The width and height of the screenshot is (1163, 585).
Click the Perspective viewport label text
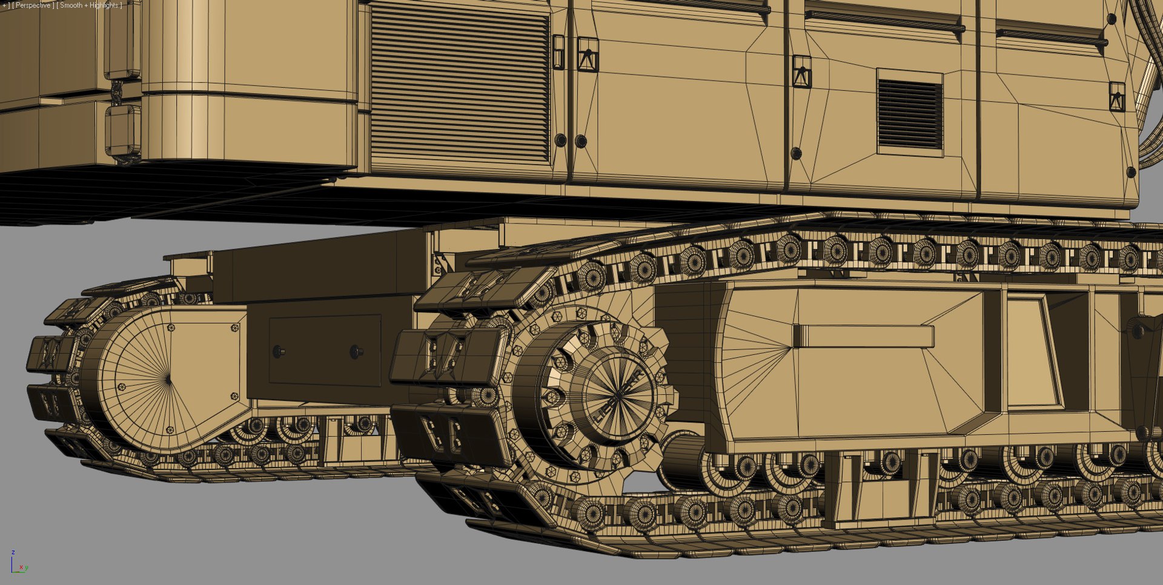pyautogui.click(x=33, y=5)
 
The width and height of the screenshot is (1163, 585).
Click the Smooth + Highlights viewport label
pyautogui.click(x=89, y=5)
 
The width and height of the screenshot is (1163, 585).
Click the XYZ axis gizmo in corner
pyautogui.click(x=18, y=563)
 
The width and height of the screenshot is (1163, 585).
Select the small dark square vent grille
pyautogui.click(x=910, y=114)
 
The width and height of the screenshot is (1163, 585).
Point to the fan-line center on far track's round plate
pyautogui.click(x=167, y=378)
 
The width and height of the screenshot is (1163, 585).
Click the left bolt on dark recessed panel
pyautogui.click(x=279, y=351)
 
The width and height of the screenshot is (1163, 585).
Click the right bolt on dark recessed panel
pyautogui.click(x=357, y=351)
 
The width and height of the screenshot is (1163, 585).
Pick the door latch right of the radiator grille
pyautogui.click(x=587, y=55)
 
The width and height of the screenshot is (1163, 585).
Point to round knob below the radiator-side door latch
pyautogui.click(x=580, y=141)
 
